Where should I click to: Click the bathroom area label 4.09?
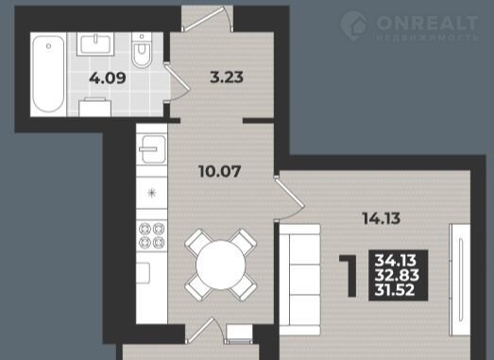coord(108,77)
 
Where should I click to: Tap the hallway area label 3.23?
coord(227,77)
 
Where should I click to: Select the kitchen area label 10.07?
coord(220,171)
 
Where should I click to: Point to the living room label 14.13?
coord(382,218)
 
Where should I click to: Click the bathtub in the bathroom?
coord(48,74)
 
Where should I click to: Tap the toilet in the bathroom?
coord(141,50)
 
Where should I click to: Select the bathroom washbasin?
coord(95,44)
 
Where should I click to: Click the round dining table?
coord(220,265)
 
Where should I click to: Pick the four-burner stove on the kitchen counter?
coord(152,235)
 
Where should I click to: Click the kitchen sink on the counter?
coord(153,149)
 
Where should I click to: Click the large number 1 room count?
coord(349,276)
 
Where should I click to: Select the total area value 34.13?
coord(396,261)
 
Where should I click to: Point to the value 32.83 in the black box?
coord(397,276)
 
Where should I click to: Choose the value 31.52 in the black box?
coord(395,290)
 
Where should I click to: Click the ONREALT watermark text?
coord(428,23)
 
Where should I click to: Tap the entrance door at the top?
coord(207,18)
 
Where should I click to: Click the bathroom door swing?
coord(177,82)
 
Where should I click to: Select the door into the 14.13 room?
coord(290,198)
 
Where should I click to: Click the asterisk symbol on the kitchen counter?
coord(152,193)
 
